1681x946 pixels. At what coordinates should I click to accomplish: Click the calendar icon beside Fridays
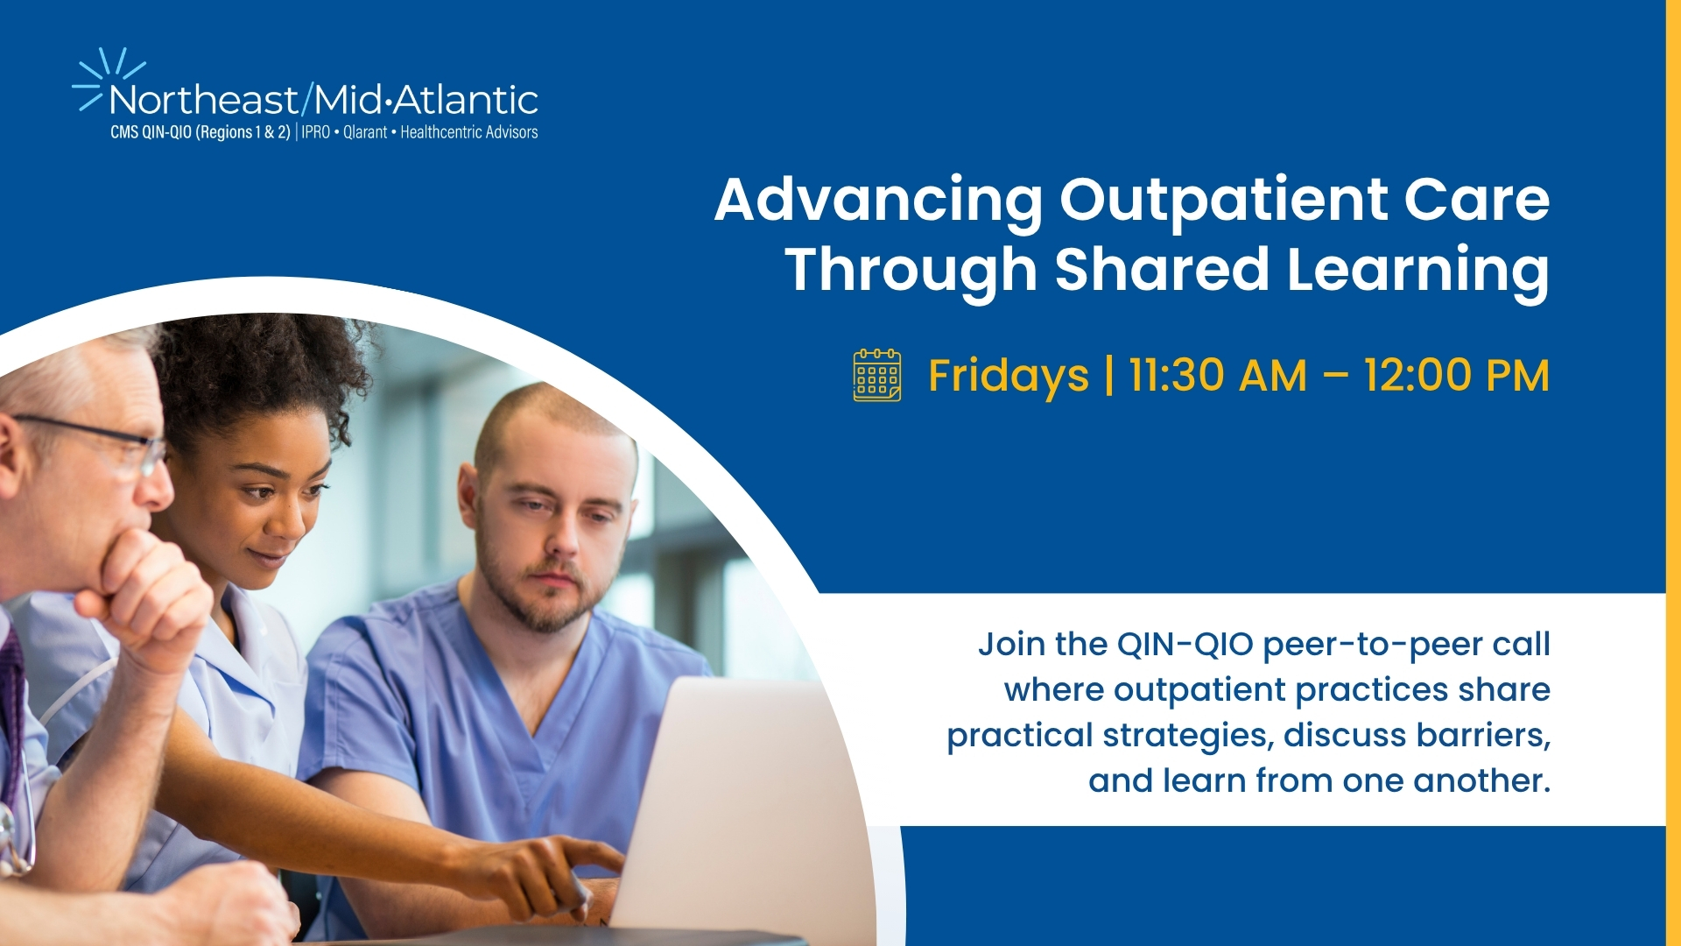[877, 375]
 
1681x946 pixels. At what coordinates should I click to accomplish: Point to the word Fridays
[1009, 377]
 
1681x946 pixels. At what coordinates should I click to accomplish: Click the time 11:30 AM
[1218, 376]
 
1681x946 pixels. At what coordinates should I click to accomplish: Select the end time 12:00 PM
[1457, 376]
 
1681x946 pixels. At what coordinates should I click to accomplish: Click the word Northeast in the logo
[204, 101]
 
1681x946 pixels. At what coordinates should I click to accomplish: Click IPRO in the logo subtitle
[316, 132]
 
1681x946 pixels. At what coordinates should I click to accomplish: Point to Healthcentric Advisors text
[469, 132]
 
